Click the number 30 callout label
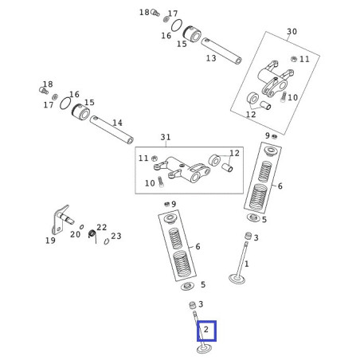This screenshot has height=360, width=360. click(x=292, y=31)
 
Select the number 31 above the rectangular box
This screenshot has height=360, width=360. click(x=166, y=137)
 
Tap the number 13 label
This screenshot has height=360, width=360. click(x=211, y=58)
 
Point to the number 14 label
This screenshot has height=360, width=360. click(x=117, y=123)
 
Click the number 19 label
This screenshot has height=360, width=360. click(x=50, y=241)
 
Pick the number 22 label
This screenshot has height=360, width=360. click(x=101, y=227)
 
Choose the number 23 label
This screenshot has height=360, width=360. click(x=116, y=236)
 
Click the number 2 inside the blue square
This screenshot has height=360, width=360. click(x=206, y=330)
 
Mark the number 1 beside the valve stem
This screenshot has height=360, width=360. click(x=247, y=264)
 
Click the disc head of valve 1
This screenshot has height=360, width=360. click(x=237, y=279)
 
